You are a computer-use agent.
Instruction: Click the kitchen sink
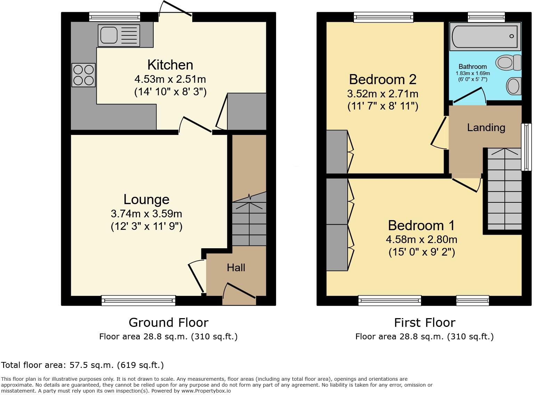coord(119,35)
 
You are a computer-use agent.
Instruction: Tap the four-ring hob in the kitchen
coord(83,75)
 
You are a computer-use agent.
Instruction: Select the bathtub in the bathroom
coord(485,36)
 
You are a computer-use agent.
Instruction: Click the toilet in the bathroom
coord(509,63)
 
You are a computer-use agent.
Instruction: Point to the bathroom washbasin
coord(513,86)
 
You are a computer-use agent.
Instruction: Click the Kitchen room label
coord(170,65)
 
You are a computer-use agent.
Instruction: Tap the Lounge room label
coord(146,200)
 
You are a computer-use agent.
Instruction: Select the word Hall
coord(236,267)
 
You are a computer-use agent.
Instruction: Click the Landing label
coord(486,128)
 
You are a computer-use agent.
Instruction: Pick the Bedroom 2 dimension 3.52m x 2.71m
coord(382,94)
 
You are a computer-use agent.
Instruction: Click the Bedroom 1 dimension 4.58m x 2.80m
coord(421,240)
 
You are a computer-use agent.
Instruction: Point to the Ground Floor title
coord(168,323)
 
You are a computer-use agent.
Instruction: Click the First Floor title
coord(424,323)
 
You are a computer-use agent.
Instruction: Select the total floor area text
coord(82,365)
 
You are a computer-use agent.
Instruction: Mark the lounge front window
coord(138,300)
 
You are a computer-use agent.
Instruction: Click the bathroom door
coord(469,96)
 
